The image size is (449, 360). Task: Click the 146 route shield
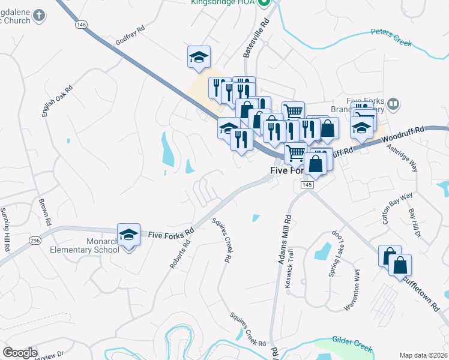[81, 25]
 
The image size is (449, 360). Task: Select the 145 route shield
[307, 185]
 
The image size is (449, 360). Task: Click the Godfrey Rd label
[130, 35]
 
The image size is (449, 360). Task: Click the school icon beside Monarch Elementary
[128, 235]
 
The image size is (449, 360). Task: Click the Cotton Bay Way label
[398, 208]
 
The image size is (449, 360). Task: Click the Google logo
[20, 353]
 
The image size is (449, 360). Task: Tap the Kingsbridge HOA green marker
[264, 2]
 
